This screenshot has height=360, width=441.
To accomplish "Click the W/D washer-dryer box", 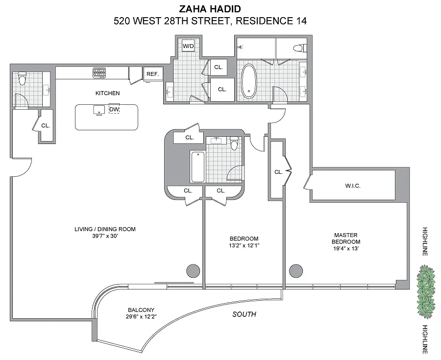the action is pyautogui.click(x=188, y=46).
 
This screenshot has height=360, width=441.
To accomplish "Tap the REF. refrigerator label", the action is pyautogui.click(x=153, y=74).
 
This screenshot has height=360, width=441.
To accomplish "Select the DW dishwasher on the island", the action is pyautogui.click(x=114, y=109).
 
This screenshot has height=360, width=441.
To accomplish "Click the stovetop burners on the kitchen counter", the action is pyautogui.click(x=99, y=72).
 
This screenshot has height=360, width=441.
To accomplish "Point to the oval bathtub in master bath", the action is pyautogui.click(x=249, y=81).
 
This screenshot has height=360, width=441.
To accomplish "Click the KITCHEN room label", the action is pyautogui.click(x=107, y=93).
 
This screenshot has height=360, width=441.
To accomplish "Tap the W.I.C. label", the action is pyautogui.click(x=353, y=186).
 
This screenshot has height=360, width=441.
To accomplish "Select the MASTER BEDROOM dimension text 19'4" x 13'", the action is pyautogui.click(x=346, y=248).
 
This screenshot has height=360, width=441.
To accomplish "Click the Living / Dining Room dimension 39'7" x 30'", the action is pyautogui.click(x=105, y=236).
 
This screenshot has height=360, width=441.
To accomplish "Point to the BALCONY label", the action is pyautogui.click(x=141, y=310).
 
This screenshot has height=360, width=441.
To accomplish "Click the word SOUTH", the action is pyautogui.click(x=244, y=314).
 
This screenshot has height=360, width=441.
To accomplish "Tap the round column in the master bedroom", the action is pyautogui.click(x=296, y=271).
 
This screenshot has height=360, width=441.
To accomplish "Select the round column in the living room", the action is pyautogui.click(x=193, y=271).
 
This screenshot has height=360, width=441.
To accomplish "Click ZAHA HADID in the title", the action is pyautogui.click(x=210, y=9).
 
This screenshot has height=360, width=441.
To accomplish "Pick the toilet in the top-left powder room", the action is pyautogui.click(x=22, y=78).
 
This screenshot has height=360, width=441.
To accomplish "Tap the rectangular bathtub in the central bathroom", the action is pyautogui.click(x=198, y=167).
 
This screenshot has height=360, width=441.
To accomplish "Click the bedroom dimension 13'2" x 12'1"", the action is pyautogui.click(x=244, y=245).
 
